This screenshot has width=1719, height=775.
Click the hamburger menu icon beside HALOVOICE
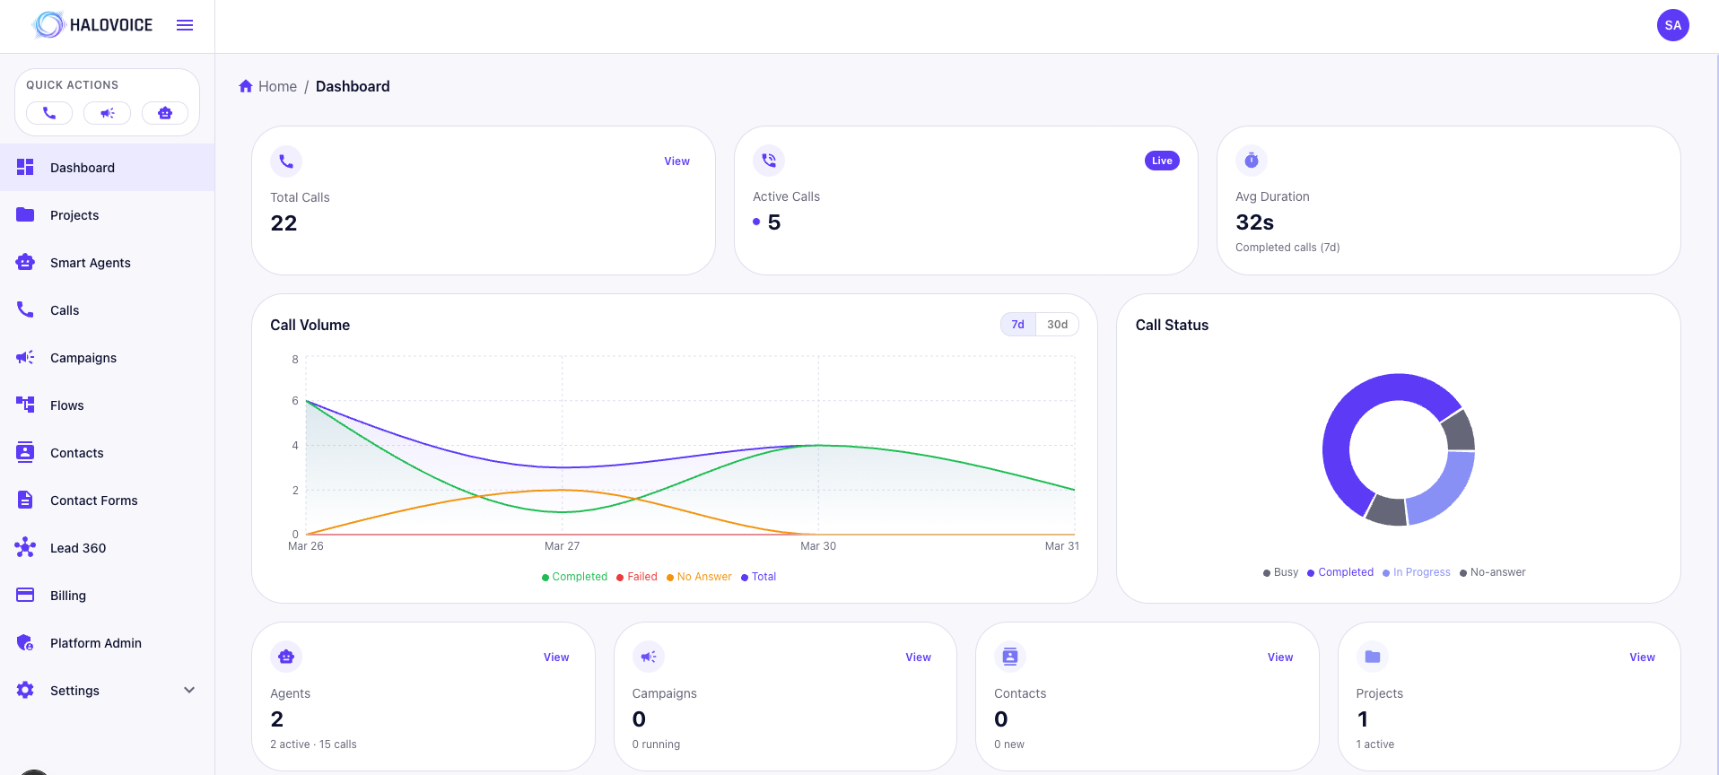pyautogui.click(x=185, y=25)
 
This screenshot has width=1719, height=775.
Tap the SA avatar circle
pyautogui.click(x=1672, y=25)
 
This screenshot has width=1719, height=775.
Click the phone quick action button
pyautogui.click(x=49, y=113)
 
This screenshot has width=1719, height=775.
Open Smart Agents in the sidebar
pyautogui.click(x=90, y=263)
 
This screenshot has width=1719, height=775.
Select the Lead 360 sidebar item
pyautogui.click(x=77, y=548)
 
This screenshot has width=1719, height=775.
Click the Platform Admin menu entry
pyautogui.click(x=95, y=643)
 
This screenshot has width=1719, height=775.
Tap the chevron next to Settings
pyautogui.click(x=189, y=691)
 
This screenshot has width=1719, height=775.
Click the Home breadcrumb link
pyautogui.click(x=276, y=86)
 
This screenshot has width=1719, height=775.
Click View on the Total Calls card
pyautogui.click(x=676, y=161)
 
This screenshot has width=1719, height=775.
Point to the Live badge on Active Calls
pyautogui.click(x=1162, y=161)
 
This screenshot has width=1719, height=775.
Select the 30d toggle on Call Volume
pyautogui.click(x=1057, y=325)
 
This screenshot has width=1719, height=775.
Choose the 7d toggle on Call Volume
pyautogui.click(x=1017, y=325)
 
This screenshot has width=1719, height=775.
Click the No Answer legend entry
pyautogui.click(x=703, y=577)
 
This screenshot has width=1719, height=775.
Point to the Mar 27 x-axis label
pyautogui.click(x=562, y=546)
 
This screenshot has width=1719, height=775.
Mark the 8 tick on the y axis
pyautogui.click(x=295, y=360)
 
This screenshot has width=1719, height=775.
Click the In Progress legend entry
pyautogui.click(x=1420, y=572)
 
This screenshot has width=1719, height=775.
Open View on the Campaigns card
pyautogui.click(x=918, y=657)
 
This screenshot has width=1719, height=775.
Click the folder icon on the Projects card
pyautogui.click(x=1372, y=657)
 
